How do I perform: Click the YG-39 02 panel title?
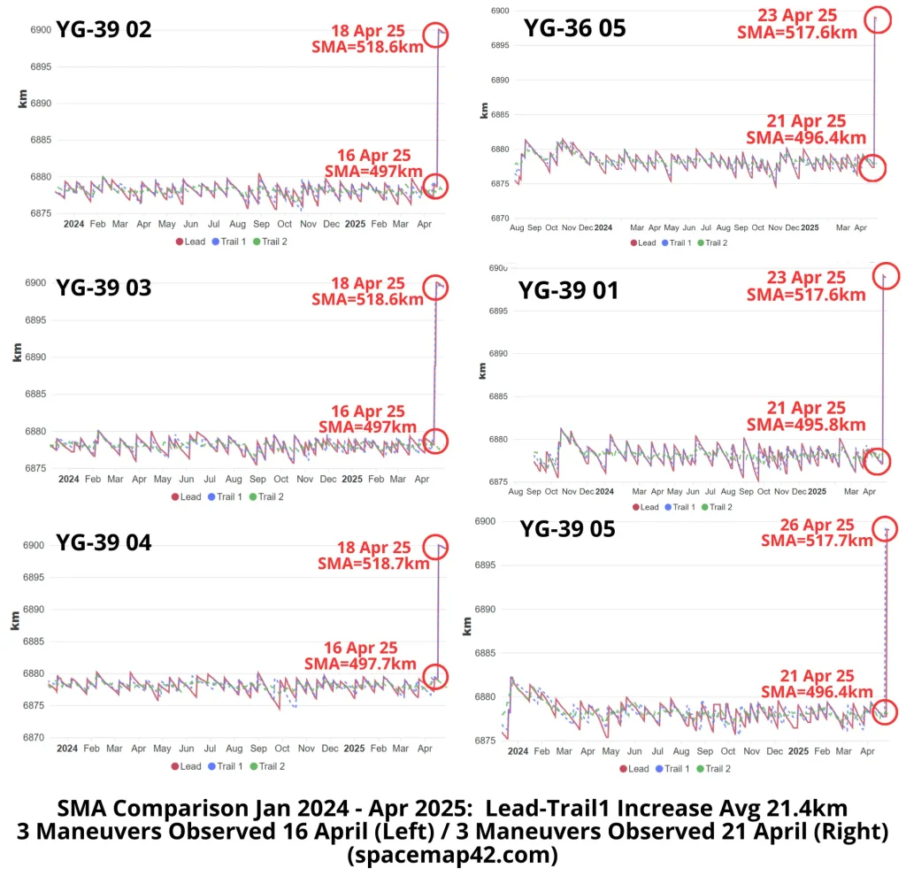click(104, 29)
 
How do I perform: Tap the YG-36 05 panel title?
click(575, 27)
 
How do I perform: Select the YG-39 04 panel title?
click(104, 542)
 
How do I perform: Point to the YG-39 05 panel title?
click(567, 529)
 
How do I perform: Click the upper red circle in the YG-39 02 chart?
click(436, 35)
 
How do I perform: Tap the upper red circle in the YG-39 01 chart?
click(886, 276)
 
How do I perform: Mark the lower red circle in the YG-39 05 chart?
click(886, 711)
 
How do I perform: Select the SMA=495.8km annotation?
click(806, 425)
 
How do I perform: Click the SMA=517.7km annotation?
click(818, 541)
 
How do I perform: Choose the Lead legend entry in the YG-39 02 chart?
click(190, 241)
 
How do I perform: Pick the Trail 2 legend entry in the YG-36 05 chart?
click(712, 242)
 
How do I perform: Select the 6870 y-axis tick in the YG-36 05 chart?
click(499, 218)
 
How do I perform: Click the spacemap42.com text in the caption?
click(452, 856)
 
